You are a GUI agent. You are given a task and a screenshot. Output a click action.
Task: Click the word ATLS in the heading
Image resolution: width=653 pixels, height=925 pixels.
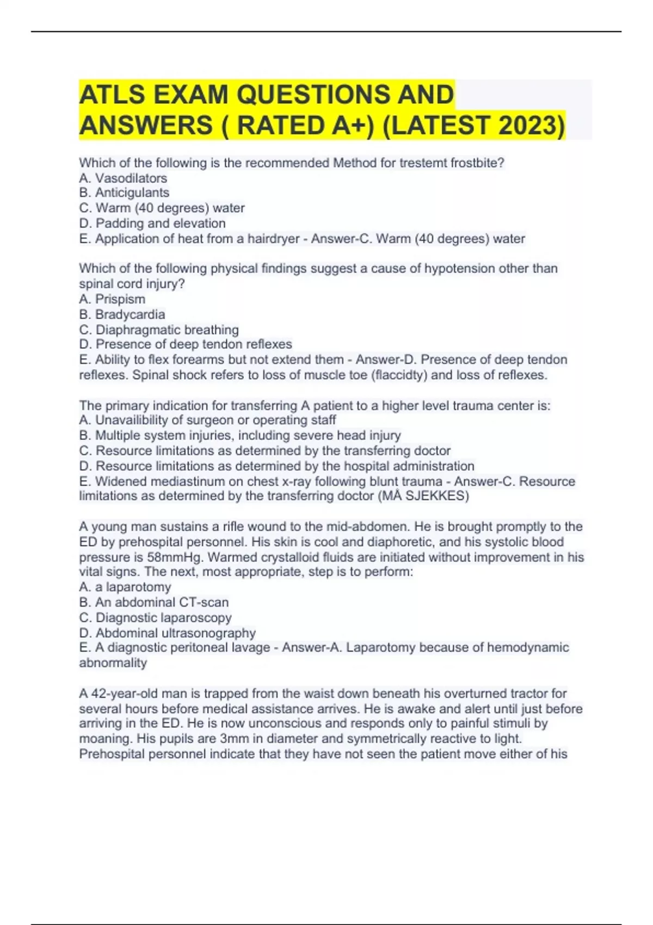[x=112, y=95]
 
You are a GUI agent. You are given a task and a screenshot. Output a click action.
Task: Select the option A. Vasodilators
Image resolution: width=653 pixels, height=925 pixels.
[x=123, y=178]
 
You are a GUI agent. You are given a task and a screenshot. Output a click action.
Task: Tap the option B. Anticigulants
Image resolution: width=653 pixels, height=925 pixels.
[x=124, y=193]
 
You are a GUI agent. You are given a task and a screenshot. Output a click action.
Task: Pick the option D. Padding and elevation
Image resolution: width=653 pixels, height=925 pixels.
[x=152, y=223]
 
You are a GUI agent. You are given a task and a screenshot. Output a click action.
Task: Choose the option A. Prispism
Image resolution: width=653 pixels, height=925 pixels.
[x=112, y=299]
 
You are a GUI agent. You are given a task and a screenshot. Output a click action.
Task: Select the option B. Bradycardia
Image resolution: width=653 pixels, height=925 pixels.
[x=122, y=314]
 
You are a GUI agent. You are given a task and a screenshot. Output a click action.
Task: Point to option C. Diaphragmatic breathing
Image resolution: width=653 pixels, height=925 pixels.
[x=159, y=330]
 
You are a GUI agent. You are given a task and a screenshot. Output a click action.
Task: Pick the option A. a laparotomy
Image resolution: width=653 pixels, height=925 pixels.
[x=125, y=587]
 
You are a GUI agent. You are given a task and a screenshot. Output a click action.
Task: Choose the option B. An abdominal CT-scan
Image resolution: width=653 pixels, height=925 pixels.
[x=154, y=602]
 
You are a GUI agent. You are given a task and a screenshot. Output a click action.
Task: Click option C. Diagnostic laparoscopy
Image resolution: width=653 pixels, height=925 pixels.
[x=155, y=618]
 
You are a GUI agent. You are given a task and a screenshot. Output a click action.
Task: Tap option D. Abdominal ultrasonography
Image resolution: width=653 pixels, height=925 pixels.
[x=168, y=633]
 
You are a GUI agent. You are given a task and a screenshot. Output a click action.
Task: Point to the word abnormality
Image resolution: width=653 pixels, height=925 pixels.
[x=113, y=663]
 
